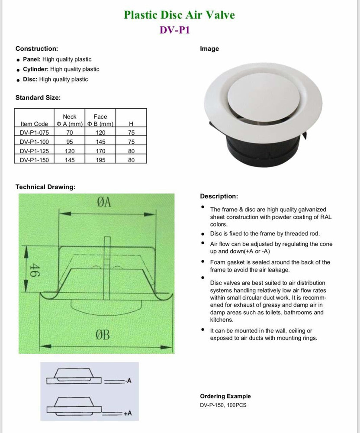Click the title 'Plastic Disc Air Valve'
tap(179, 15)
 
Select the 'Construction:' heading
tap(37, 49)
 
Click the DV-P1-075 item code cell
tap(34, 132)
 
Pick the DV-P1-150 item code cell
tap(34, 160)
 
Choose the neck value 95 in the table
tap(70, 142)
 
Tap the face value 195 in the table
tap(100, 160)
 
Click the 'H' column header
tap(131, 124)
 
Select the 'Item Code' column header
tap(34, 124)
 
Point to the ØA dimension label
tap(104, 202)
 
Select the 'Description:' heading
tap(219, 196)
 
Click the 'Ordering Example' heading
tap(225, 396)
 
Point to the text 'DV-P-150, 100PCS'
tap(223, 405)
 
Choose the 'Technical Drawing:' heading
tap(45, 187)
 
